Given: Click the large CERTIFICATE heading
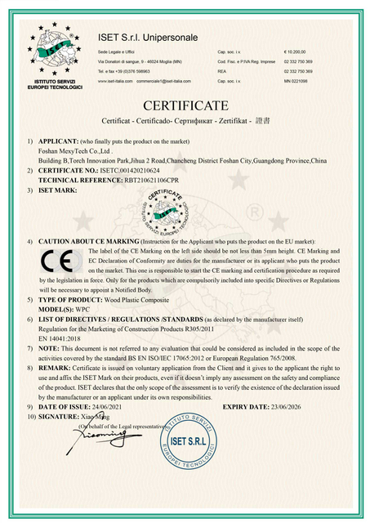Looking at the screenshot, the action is tap(185, 106).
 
